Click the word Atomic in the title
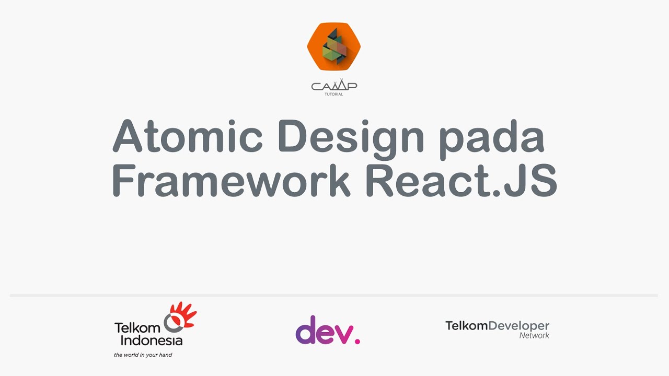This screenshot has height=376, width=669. [187, 136]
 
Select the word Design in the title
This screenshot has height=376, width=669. [351, 139]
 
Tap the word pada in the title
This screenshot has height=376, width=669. [492, 139]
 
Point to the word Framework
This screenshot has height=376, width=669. [231, 181]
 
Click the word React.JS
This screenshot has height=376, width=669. [462, 181]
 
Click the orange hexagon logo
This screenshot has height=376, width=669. [334, 46]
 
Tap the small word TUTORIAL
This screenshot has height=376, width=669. [334, 95]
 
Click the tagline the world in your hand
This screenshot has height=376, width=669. [143, 355]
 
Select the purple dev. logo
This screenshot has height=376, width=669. [328, 330]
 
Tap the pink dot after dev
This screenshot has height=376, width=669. [357, 341]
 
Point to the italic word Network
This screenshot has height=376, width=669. [534, 336]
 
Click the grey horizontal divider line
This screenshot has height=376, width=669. [333, 296]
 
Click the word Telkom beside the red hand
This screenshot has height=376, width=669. [137, 328]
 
